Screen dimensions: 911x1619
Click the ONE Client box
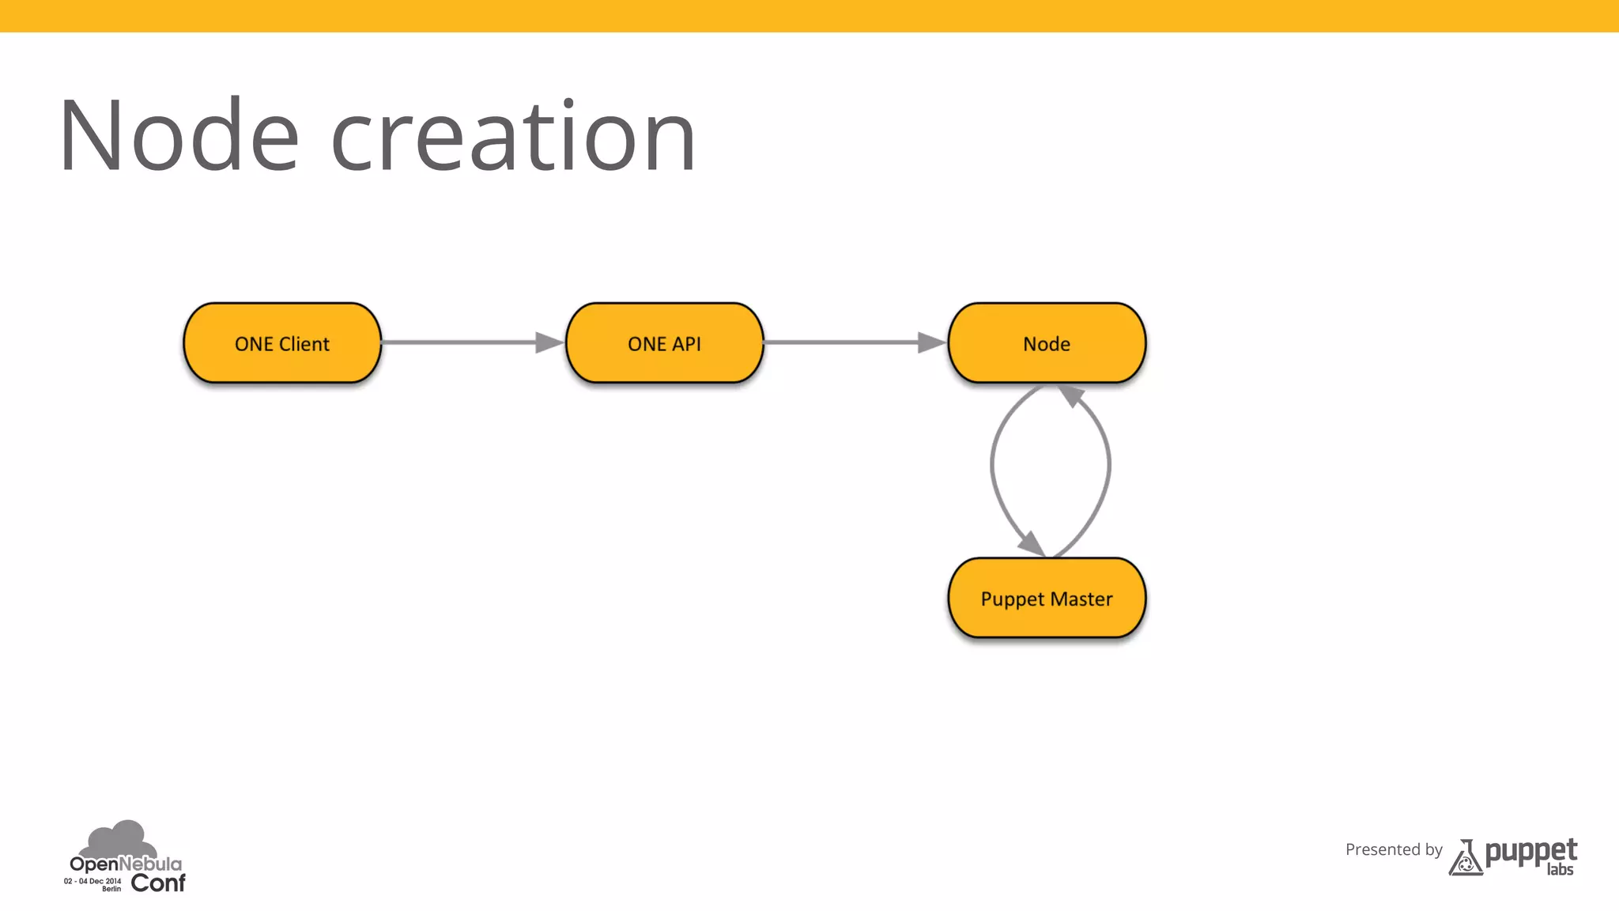(282, 343)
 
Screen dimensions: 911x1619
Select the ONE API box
(664, 343)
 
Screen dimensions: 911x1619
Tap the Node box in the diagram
(1046, 343)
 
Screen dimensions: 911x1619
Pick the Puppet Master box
(1046, 599)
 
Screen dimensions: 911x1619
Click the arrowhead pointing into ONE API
(549, 342)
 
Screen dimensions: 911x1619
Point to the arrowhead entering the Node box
(931, 342)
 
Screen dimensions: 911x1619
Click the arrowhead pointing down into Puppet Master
(1031, 543)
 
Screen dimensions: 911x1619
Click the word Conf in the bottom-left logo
(158, 883)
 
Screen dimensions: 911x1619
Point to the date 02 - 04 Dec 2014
(92, 881)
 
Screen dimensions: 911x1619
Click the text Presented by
(1394, 849)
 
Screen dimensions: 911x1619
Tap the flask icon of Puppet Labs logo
(1465, 859)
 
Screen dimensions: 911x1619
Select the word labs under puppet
(1560, 870)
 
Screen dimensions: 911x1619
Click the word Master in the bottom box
(1081, 599)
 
